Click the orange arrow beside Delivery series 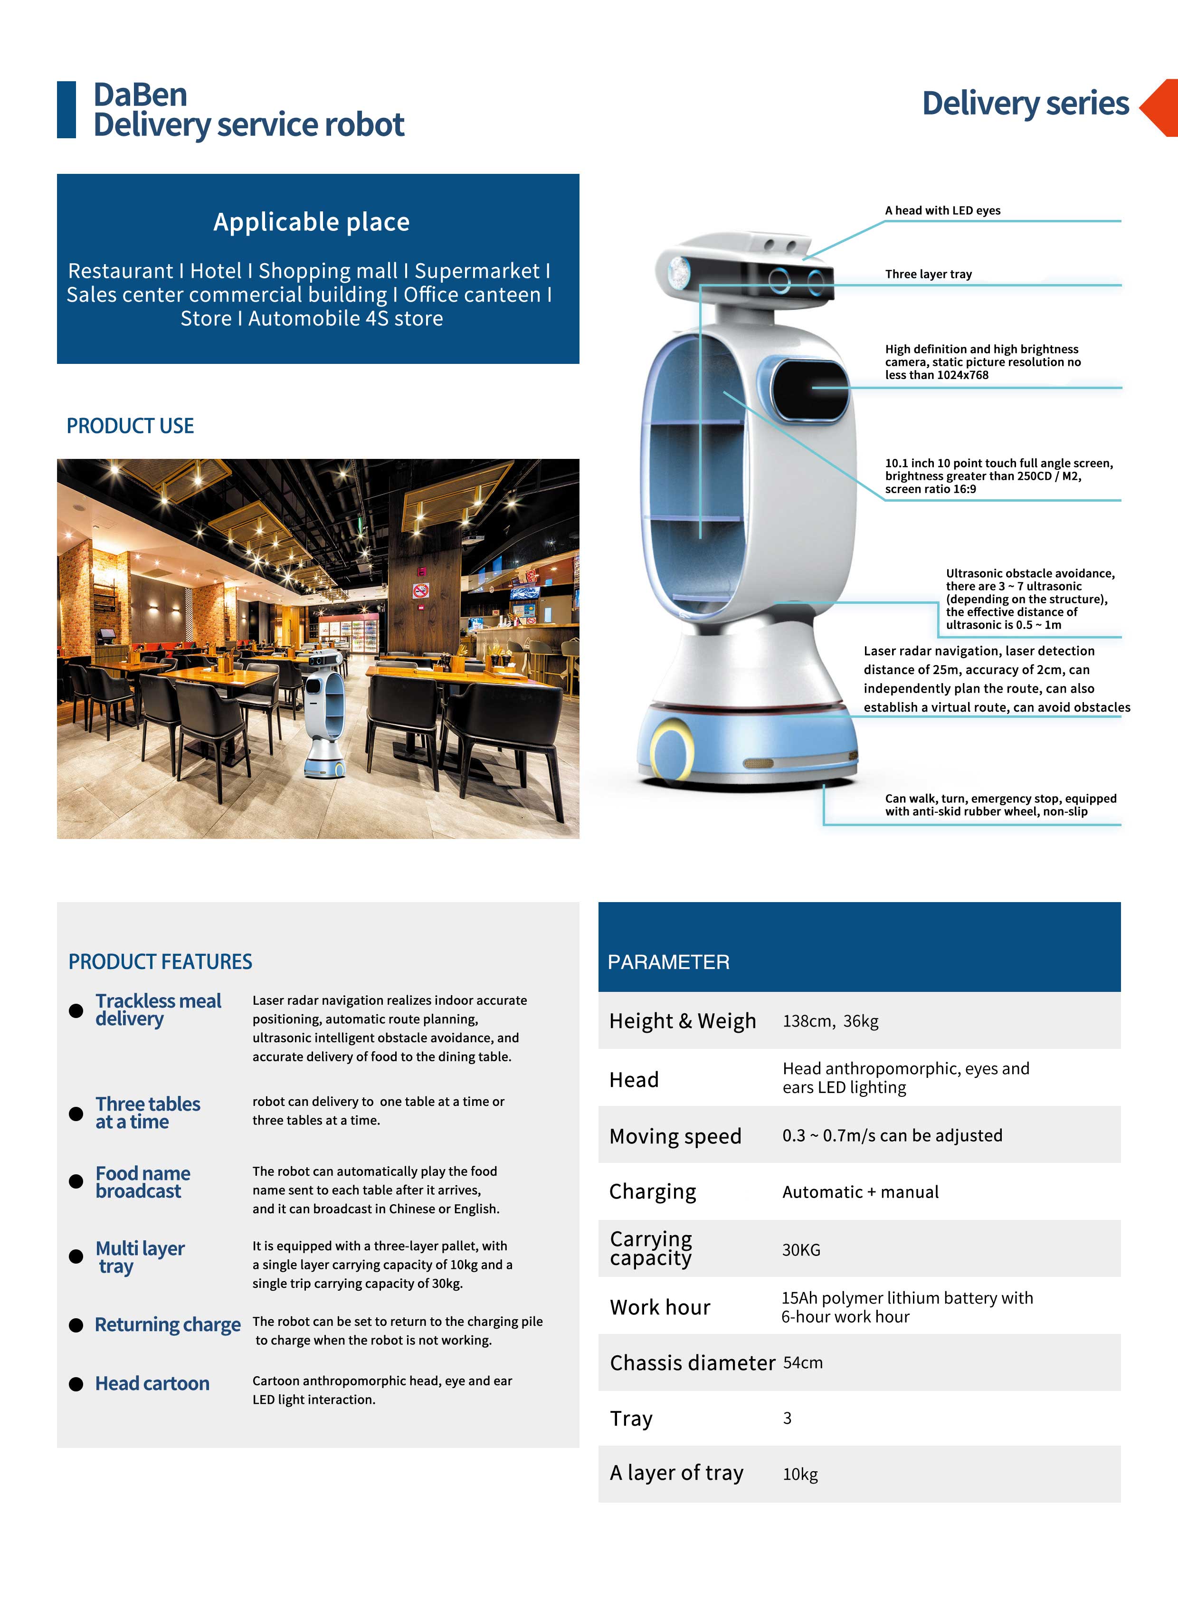(x=1161, y=107)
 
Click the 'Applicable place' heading (x=312, y=222)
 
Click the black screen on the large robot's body (x=811, y=390)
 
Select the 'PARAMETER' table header (x=668, y=962)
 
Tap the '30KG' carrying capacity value (x=801, y=1249)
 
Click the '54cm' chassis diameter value (x=802, y=1362)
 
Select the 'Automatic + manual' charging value (x=860, y=1192)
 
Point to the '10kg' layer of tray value (x=800, y=1474)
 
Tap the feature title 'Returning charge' (x=168, y=1324)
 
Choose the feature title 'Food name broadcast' (x=142, y=1182)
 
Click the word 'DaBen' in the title (x=141, y=95)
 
